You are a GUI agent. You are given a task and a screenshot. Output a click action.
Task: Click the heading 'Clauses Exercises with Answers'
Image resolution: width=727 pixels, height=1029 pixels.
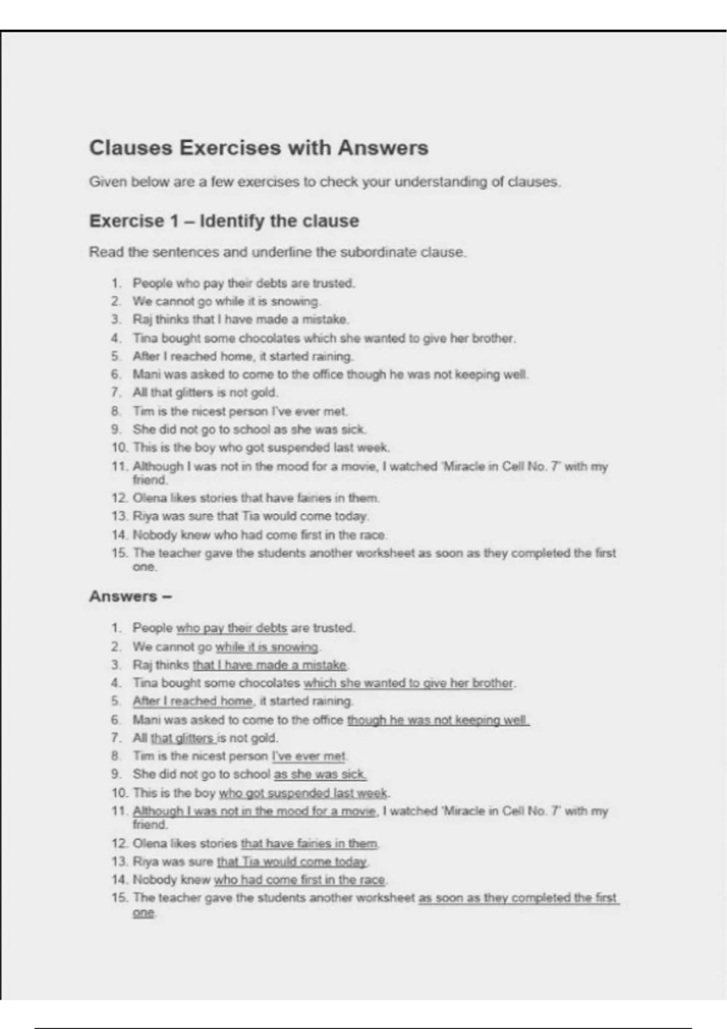(259, 148)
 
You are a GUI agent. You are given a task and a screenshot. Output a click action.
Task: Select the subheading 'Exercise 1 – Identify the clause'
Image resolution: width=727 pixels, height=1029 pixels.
(224, 221)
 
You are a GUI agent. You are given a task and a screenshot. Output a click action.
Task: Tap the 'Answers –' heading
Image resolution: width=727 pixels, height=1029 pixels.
(130, 596)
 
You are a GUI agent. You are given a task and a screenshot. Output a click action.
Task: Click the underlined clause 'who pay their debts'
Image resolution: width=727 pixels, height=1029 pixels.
(231, 628)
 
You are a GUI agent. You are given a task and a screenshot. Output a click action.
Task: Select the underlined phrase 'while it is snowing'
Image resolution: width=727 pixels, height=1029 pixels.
(267, 646)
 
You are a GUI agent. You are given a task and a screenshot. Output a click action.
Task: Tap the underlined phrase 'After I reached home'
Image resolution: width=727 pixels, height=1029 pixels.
(193, 701)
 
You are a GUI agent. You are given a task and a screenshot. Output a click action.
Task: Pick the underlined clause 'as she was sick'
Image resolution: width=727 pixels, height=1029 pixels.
(320, 774)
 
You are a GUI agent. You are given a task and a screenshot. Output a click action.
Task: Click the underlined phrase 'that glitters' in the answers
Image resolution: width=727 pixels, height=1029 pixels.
(182, 738)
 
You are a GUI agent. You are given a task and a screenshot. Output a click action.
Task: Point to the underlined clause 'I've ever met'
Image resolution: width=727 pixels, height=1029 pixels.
(309, 756)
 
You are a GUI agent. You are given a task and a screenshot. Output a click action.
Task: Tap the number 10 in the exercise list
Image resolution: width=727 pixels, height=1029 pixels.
(119, 447)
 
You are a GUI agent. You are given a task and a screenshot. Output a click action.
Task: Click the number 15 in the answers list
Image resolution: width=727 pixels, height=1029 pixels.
(119, 898)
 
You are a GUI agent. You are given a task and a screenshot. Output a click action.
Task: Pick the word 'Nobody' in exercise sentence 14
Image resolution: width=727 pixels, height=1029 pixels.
(155, 534)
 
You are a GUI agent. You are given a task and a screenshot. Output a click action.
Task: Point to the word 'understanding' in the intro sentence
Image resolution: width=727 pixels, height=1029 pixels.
(440, 182)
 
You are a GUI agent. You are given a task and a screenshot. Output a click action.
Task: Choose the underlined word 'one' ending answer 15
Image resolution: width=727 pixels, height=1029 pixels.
(144, 913)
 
